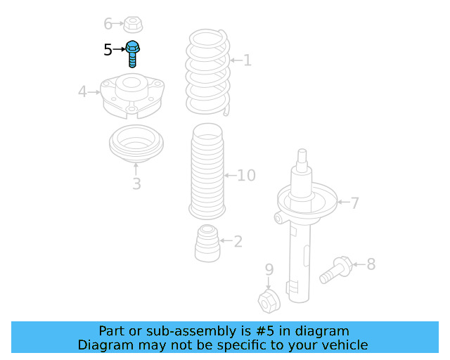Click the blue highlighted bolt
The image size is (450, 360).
click(132, 54)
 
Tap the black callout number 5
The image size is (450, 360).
click(108, 50)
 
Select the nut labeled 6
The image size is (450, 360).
click(133, 25)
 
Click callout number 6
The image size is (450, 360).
click(108, 24)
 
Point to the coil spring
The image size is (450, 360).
click(208, 72)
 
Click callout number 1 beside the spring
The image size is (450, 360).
click(247, 60)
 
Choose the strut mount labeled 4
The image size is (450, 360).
click(132, 96)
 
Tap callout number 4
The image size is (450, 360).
click(82, 92)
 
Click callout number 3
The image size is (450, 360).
click(137, 184)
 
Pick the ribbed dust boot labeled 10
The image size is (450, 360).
click(207, 171)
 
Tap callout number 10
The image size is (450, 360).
click(247, 175)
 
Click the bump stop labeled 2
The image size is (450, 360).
click(207, 243)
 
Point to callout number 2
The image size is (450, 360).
click(238, 242)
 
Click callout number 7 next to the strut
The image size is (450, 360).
click(355, 203)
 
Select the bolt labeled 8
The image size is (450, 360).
click(336, 270)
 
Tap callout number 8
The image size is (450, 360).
click(371, 264)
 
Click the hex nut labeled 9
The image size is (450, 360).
click(269, 301)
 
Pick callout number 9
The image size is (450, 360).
click(269, 269)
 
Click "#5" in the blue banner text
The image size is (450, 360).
click(264, 331)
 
